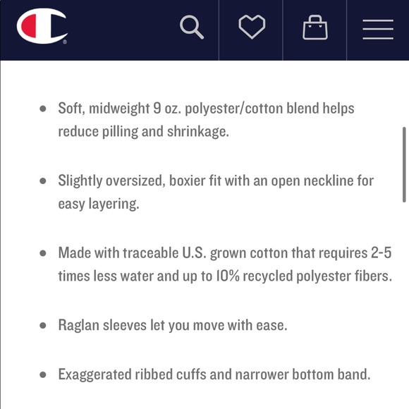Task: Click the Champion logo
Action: point(42,26)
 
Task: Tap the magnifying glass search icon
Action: point(192,27)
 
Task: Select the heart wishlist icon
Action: point(252,27)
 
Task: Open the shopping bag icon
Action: point(315,28)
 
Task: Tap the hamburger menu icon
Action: point(378,30)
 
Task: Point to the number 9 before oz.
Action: point(157,108)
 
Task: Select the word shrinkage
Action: point(198,131)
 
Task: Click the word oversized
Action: point(135,181)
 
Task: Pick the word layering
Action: point(114,204)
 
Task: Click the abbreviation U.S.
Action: point(195,252)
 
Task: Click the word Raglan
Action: point(79,326)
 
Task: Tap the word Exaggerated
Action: point(94,375)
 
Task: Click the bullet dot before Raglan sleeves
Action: point(43,325)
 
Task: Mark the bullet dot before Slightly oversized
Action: point(43,181)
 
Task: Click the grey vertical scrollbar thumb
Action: point(404,164)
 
